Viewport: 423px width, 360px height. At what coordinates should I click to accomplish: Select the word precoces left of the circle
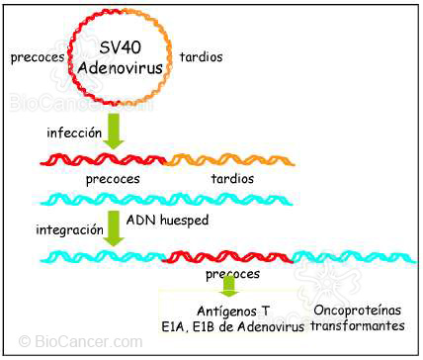[x=36, y=57]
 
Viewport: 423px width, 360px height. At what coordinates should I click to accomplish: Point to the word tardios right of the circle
[x=201, y=57]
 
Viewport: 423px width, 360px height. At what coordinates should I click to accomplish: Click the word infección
[x=73, y=130]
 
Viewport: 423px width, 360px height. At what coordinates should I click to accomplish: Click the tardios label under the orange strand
[x=232, y=179]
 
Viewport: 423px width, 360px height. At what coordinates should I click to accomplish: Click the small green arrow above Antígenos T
[x=229, y=285]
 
